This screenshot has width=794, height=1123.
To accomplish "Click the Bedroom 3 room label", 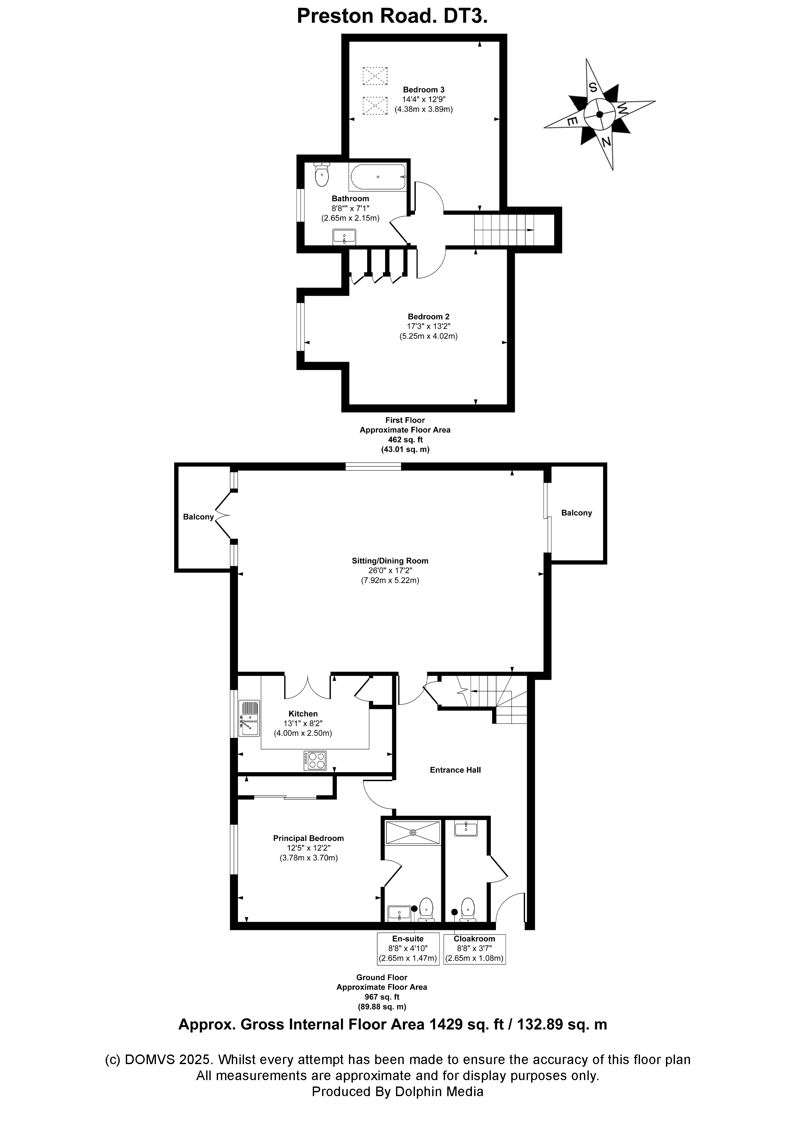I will (x=423, y=90).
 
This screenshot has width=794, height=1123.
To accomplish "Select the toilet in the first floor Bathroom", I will (x=321, y=174).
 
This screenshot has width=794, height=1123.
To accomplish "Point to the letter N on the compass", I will (x=606, y=142).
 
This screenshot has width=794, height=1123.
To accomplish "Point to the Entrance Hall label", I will (x=455, y=770).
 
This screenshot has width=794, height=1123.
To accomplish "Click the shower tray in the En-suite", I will (x=413, y=832).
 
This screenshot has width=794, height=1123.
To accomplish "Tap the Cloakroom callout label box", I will (x=474, y=949).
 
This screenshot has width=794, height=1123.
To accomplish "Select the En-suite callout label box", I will (x=408, y=949).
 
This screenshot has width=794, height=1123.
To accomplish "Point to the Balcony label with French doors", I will (x=198, y=517).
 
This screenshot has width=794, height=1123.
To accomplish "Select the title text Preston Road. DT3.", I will (x=392, y=16).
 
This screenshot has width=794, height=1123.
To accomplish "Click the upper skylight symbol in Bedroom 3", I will (x=375, y=76).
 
